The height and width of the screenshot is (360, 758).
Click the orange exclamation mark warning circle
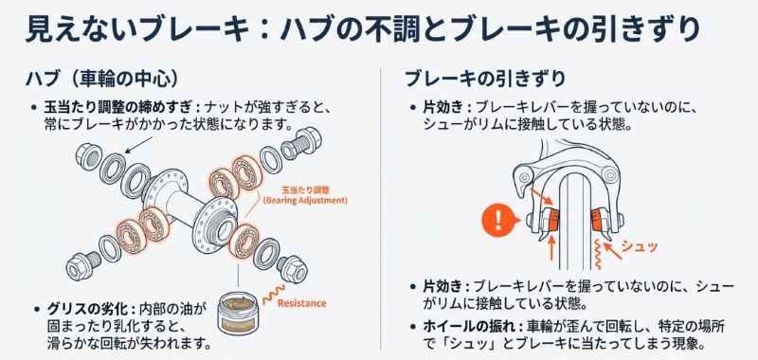coord(496,225)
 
